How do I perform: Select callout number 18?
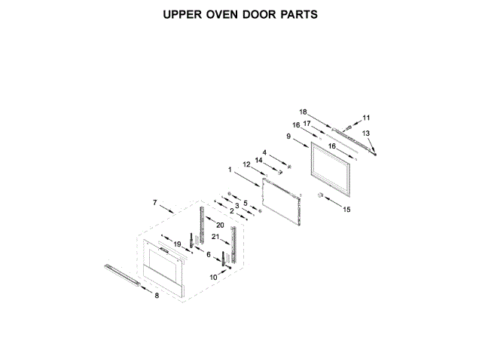click(304, 111)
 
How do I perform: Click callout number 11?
click(367, 118)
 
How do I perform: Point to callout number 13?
click(367, 133)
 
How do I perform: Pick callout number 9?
click(288, 136)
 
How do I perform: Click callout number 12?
click(246, 164)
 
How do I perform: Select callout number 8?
click(157, 296)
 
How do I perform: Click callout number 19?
click(178, 244)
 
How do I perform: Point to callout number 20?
click(220, 225)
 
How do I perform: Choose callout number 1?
click(230, 170)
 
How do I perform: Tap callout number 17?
click(307, 124)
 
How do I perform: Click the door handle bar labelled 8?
click(120, 275)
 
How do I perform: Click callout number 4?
click(264, 152)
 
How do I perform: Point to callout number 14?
click(258, 161)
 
